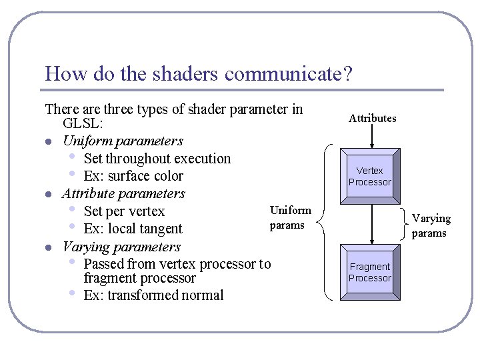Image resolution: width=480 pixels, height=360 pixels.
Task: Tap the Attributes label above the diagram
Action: coord(372,119)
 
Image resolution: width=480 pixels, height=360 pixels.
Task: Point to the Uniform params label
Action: coord(290,218)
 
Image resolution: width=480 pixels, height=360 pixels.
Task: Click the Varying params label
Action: coord(431,225)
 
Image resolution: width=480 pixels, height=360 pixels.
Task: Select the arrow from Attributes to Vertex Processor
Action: coord(373,137)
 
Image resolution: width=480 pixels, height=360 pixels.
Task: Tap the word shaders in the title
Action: coord(185,73)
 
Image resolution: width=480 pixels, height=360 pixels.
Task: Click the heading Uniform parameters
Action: coord(122,141)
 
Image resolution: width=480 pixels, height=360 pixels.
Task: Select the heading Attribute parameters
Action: coord(123,193)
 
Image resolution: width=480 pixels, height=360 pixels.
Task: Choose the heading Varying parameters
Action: coord(121,247)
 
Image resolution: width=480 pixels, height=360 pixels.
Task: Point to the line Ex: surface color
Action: coord(133,176)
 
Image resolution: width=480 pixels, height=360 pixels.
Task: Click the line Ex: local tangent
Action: coord(133,229)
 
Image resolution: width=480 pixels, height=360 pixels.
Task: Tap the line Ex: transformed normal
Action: coord(153,295)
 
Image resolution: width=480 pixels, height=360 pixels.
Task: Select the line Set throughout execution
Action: coord(157,159)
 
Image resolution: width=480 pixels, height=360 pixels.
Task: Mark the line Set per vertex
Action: coord(124,211)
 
